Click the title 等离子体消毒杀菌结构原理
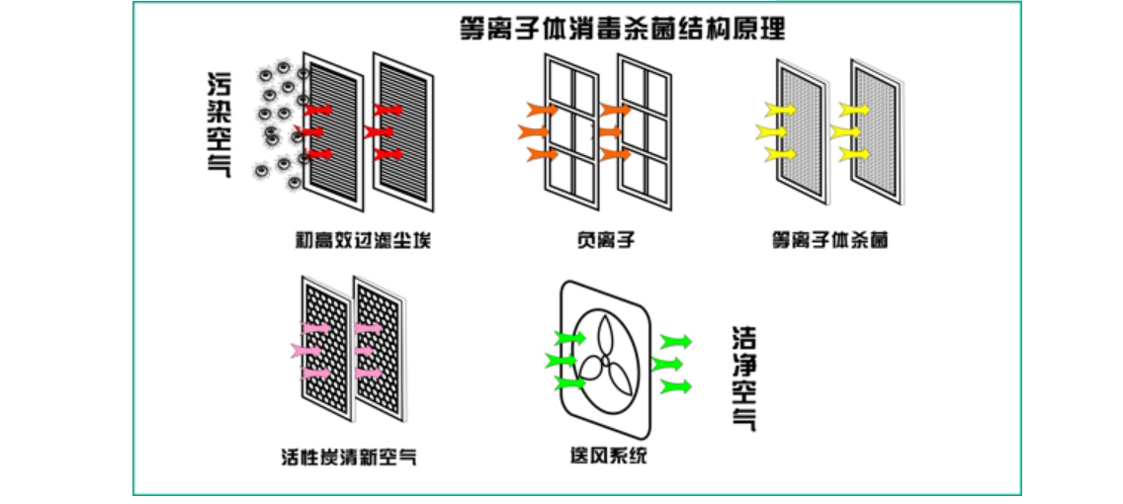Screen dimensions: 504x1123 (623, 27)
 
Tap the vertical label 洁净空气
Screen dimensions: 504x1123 (743, 378)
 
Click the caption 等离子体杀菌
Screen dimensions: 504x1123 (829, 239)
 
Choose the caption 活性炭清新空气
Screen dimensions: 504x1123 (349, 457)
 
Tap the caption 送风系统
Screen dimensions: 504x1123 (603, 457)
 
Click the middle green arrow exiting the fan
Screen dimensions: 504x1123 (666, 363)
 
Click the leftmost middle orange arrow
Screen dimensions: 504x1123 (531, 130)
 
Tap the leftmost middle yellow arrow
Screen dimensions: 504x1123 (769, 130)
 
